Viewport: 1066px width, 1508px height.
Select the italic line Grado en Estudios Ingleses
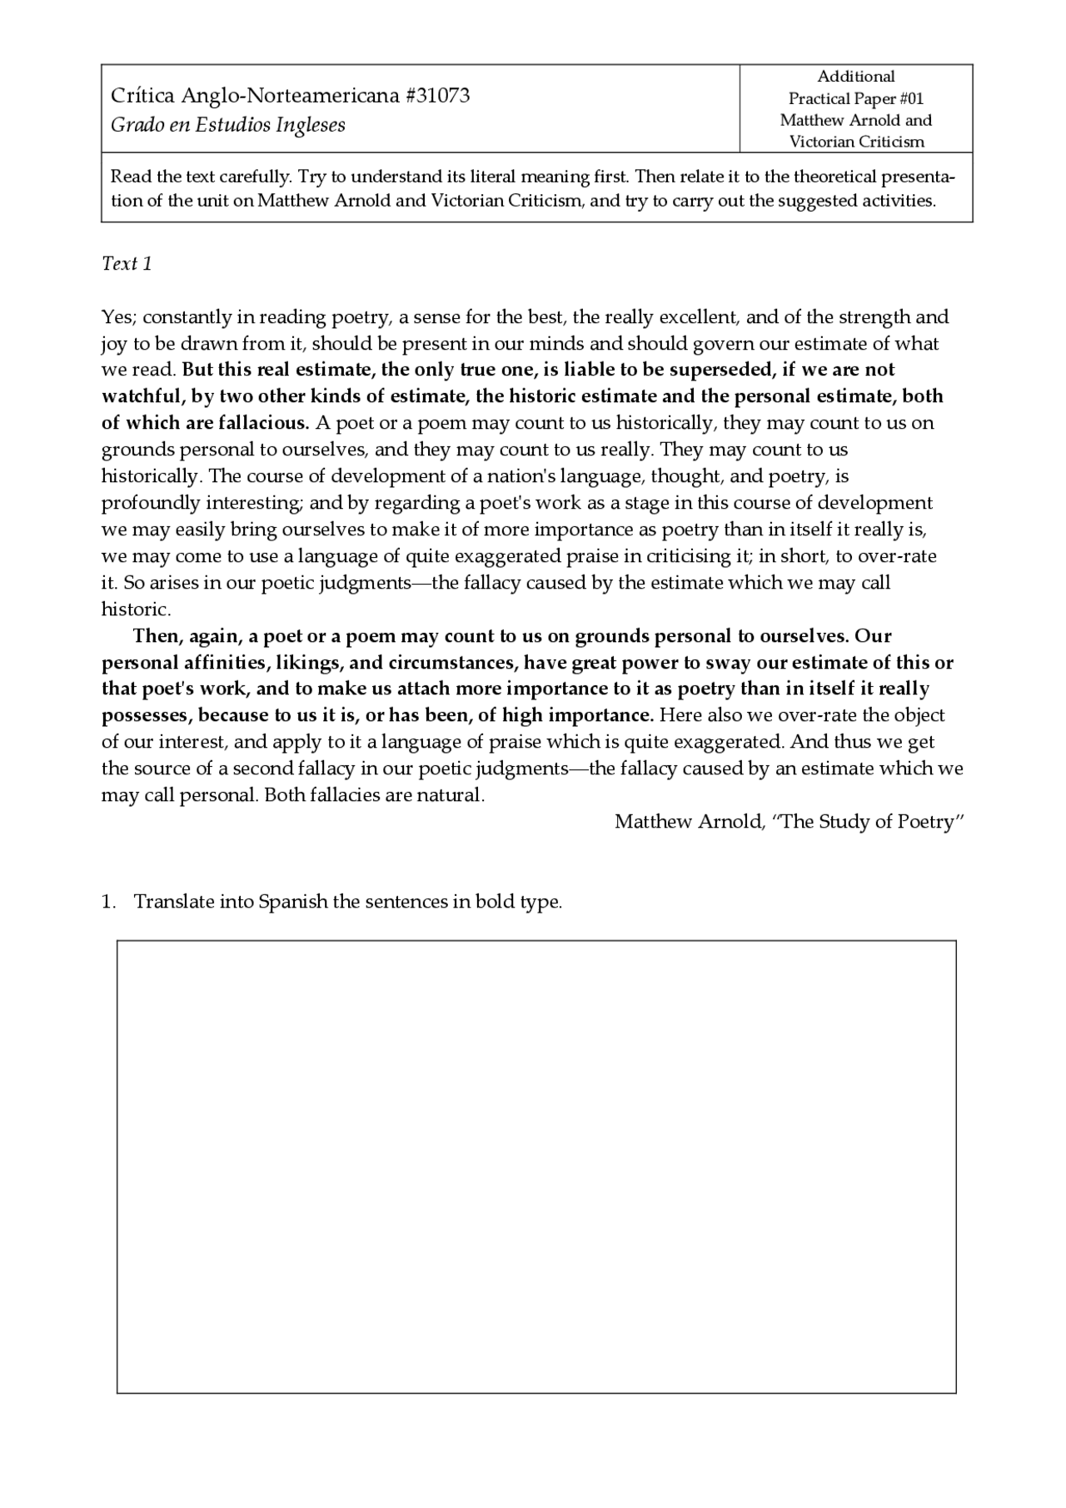tap(227, 125)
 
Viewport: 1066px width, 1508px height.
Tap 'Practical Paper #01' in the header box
tap(855, 98)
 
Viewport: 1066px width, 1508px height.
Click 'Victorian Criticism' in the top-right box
tap(856, 142)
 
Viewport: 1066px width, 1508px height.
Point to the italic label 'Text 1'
tap(127, 264)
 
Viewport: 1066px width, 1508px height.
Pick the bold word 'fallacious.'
tap(265, 423)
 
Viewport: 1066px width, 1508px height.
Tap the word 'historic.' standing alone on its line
tap(136, 609)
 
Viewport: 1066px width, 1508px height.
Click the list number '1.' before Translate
tap(108, 902)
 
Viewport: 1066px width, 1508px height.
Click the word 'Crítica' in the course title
tap(142, 96)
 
